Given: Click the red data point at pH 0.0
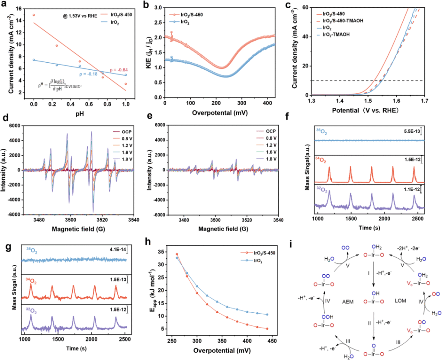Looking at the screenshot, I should click(34, 15).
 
